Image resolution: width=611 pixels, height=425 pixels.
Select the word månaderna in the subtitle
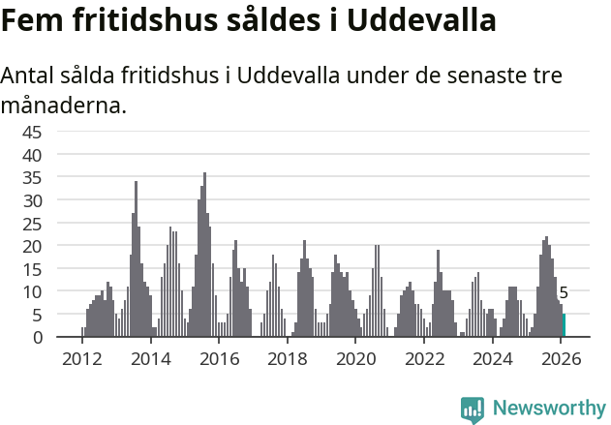(x=64, y=105)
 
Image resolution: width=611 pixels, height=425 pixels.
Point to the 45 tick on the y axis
(x=31, y=132)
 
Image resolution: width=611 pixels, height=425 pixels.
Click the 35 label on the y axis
(x=31, y=177)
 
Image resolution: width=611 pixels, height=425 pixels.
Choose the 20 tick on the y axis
(x=31, y=246)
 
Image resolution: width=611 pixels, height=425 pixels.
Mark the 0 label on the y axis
(x=37, y=337)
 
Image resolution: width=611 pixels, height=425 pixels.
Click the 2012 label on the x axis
(x=81, y=359)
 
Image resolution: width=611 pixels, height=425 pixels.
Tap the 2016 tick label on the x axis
(x=219, y=359)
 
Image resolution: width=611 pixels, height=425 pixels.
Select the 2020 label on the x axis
(x=355, y=359)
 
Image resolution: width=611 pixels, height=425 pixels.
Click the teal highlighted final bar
(x=565, y=325)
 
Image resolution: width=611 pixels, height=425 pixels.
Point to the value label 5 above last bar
(x=564, y=293)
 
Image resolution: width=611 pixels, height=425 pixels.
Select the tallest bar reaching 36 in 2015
(x=204, y=256)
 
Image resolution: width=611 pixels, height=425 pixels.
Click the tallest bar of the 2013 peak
(x=136, y=259)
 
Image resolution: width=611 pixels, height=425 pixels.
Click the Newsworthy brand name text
(x=548, y=409)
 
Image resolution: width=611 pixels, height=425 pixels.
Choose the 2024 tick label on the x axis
(x=493, y=359)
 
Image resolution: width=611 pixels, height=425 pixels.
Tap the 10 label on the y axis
(x=31, y=291)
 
